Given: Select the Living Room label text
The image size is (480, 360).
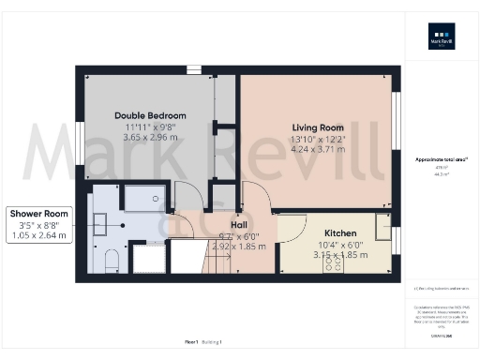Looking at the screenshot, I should point(318,127).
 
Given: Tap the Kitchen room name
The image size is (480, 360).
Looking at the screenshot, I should point(339,232).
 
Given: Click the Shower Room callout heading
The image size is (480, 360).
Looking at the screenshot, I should point(39,214).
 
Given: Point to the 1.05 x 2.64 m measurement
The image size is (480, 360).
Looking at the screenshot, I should point(39,236).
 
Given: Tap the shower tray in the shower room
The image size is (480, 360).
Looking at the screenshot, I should point(146,197).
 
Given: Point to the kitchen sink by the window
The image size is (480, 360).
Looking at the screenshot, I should point(382,228).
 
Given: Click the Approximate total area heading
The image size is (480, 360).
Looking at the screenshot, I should point(441,159).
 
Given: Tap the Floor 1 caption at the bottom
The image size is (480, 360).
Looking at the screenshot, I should point(192,342).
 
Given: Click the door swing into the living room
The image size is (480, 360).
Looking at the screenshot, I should point(258,195).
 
